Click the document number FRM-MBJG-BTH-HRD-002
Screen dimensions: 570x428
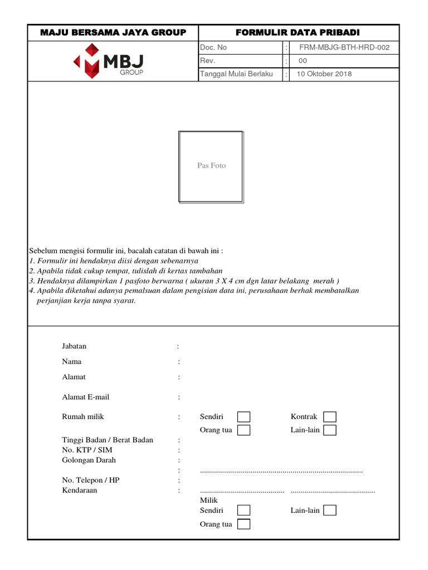(x=344, y=48)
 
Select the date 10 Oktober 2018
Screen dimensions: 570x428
(x=324, y=74)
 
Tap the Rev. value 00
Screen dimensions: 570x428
(x=303, y=61)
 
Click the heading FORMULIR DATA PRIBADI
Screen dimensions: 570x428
(x=298, y=33)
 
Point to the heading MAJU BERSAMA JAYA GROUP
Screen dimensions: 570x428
(x=113, y=33)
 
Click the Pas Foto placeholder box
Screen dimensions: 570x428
(x=211, y=166)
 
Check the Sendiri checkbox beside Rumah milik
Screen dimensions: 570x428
(x=244, y=417)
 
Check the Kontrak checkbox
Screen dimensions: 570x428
(x=330, y=417)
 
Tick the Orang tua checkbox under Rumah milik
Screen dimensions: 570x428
(x=244, y=430)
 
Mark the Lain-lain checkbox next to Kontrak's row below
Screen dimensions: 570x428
(x=330, y=430)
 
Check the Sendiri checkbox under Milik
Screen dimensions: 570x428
(x=244, y=510)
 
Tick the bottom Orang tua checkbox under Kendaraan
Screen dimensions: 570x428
(x=244, y=524)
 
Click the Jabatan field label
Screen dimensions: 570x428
(x=74, y=346)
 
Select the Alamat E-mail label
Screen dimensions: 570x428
(x=86, y=397)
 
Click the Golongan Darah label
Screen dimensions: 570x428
(x=89, y=460)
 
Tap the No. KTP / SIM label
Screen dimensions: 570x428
(x=87, y=450)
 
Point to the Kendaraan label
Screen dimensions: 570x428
(x=80, y=490)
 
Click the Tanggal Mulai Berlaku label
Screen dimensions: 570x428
(x=236, y=74)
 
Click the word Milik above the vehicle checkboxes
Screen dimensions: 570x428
(x=208, y=500)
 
